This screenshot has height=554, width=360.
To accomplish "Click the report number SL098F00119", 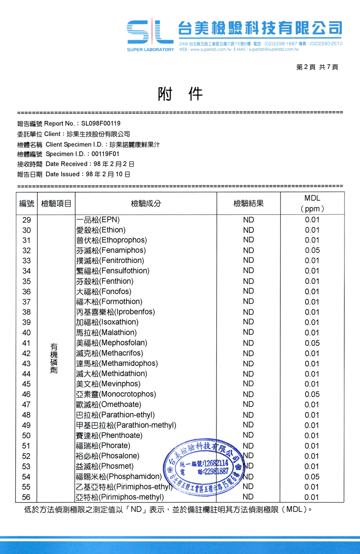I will [101, 123].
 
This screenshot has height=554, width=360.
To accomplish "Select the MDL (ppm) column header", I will [312, 203].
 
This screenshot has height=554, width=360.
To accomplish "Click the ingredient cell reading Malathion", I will [107, 333].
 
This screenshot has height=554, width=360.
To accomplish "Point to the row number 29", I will [27, 220].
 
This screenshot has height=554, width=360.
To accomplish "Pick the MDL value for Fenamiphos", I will [312, 250].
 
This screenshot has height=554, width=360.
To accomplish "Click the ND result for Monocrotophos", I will [248, 394].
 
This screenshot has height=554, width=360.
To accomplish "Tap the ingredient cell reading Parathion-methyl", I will [126, 425].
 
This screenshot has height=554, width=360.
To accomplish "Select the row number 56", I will [27, 497].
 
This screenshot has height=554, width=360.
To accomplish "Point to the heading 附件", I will [180, 94].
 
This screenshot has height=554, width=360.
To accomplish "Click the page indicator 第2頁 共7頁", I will [317, 67].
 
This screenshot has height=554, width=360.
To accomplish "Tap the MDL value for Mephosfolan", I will [312, 343].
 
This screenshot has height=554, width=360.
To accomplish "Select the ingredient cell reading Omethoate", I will [109, 405].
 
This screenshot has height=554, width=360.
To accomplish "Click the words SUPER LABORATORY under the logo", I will [150, 49].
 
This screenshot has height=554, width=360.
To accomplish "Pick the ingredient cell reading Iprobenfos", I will [116, 312].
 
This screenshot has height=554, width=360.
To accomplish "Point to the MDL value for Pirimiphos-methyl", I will [312, 497].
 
